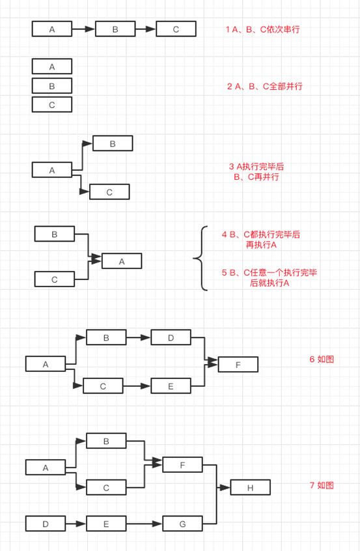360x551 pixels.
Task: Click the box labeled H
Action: click(251, 487)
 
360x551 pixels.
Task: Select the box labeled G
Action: click(182, 523)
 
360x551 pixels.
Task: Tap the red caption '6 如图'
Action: click(322, 359)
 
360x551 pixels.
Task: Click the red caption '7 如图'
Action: click(322, 485)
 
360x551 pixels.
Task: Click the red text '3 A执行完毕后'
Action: click(256, 167)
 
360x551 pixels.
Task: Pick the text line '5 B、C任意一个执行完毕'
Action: click(270, 272)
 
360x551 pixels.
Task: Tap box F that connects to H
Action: click(182, 465)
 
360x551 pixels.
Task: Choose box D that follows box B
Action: click(171, 337)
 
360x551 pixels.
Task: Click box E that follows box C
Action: click(171, 386)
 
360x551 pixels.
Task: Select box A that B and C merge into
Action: click(122, 261)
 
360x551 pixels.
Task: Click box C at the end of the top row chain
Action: click(176, 29)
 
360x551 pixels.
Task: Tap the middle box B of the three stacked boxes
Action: click(52, 85)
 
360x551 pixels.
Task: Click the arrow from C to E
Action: click(137, 386)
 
